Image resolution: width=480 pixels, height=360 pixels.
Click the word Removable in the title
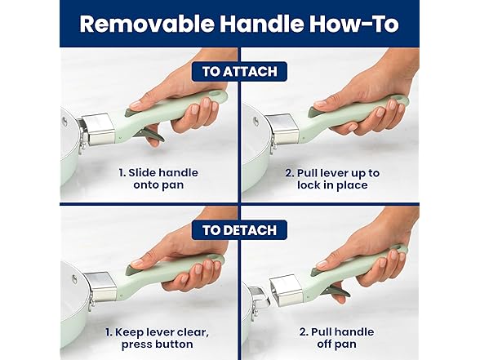click(x=147, y=24)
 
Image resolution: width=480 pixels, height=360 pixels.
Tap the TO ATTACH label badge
click(x=239, y=72)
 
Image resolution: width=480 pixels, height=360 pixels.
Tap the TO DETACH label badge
click(x=239, y=230)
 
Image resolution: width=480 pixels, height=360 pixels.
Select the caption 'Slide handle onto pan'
click(x=158, y=179)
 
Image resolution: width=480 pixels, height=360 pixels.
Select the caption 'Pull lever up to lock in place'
click(x=332, y=179)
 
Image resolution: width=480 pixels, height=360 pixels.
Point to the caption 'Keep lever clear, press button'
click(x=157, y=338)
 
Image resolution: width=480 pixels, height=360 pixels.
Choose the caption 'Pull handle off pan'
click(x=336, y=338)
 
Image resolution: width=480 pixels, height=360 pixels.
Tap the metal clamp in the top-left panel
click(x=99, y=129)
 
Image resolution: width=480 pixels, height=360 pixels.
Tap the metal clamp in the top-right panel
click(x=282, y=130)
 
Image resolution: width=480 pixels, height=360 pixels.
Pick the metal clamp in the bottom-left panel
click(x=100, y=287)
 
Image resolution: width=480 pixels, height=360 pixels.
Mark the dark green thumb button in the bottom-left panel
click(x=135, y=268)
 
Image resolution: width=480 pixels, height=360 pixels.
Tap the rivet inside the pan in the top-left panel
click(x=64, y=122)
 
